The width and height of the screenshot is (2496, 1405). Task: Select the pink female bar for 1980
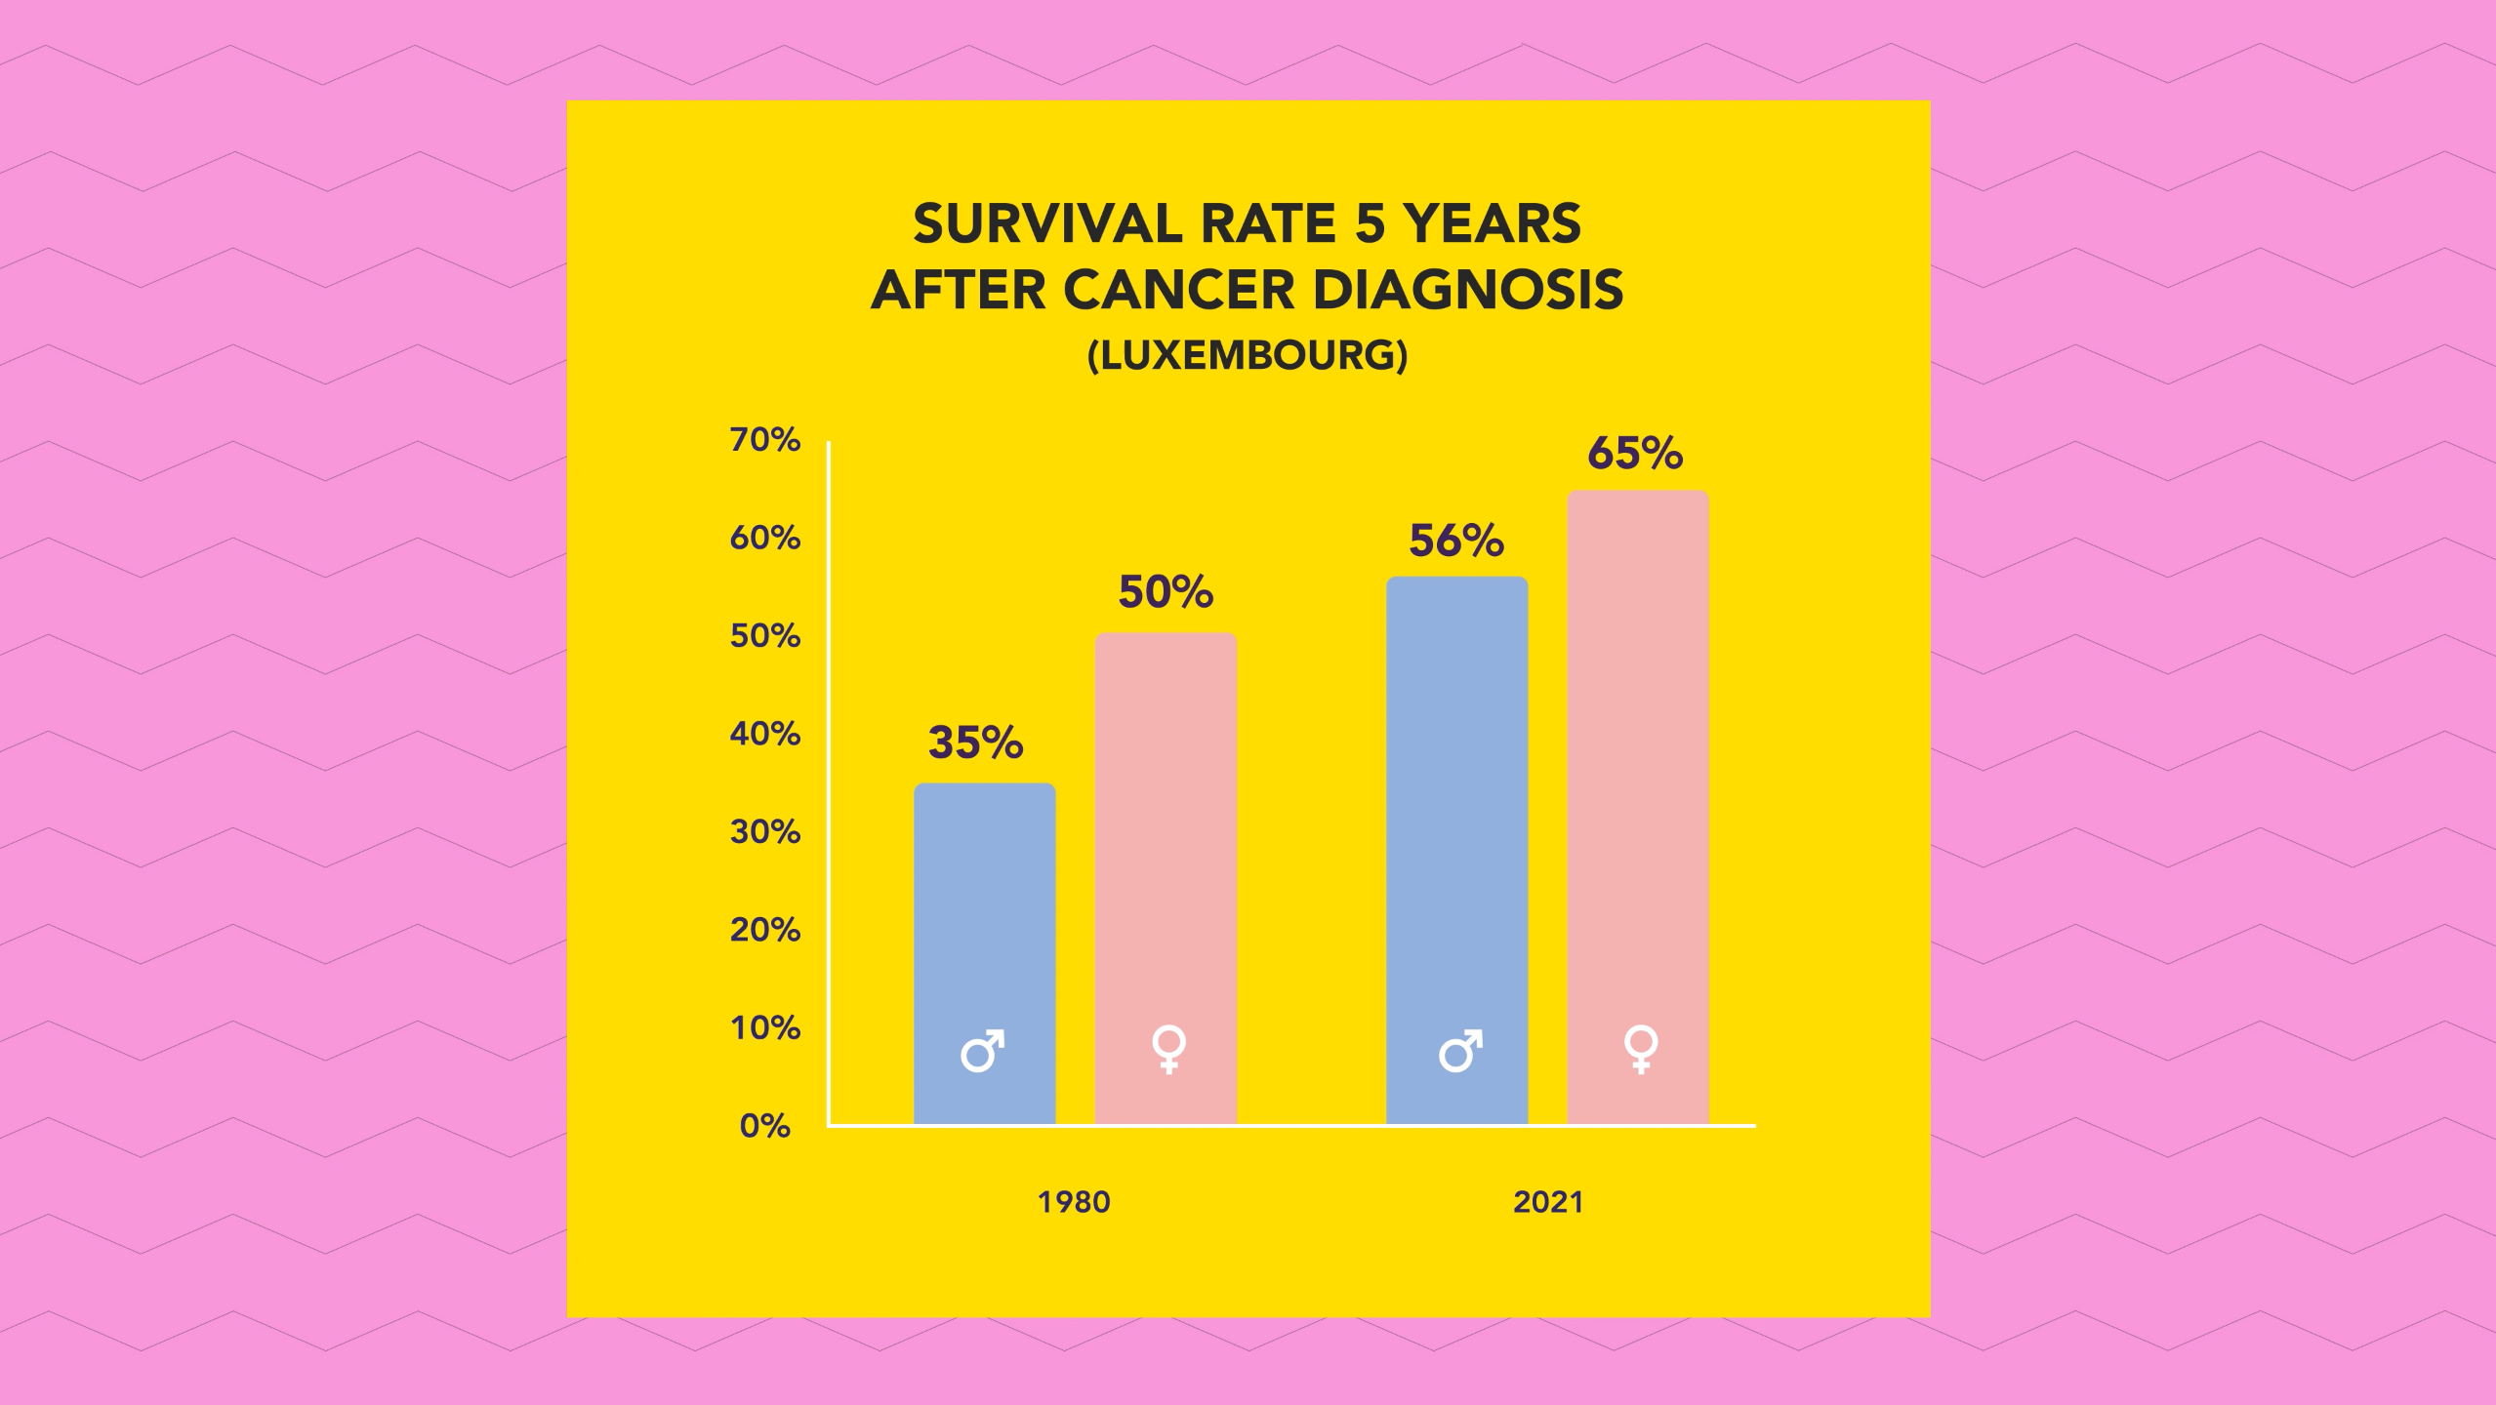1166,878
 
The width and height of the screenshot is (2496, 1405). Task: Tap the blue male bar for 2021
1456,849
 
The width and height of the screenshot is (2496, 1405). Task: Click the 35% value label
975,743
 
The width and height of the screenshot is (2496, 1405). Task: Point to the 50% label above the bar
1166,592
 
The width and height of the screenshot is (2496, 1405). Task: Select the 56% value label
1456,541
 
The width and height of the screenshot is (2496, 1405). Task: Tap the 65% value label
1635,453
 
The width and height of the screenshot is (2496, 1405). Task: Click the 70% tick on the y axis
765,440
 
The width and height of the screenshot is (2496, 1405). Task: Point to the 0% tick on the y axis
765,1126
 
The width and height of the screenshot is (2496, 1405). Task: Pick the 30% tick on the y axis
765,832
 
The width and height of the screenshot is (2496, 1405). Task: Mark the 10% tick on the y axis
765,1027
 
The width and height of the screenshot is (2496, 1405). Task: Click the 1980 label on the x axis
1074,1202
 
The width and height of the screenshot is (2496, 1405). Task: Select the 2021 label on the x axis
1548,1202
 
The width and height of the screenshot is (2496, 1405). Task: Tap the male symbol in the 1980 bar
982,1051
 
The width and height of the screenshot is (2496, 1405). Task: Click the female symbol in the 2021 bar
1641,1049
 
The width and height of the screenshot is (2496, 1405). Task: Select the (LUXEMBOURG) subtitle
1248,355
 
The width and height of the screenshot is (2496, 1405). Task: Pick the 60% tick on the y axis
765,538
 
